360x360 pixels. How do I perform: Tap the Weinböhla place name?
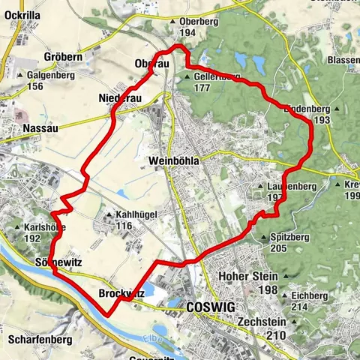pyautogui.click(x=176, y=161)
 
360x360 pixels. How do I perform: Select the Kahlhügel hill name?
pyautogui.click(x=136, y=214)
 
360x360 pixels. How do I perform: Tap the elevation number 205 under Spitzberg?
pyautogui.click(x=279, y=248)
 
